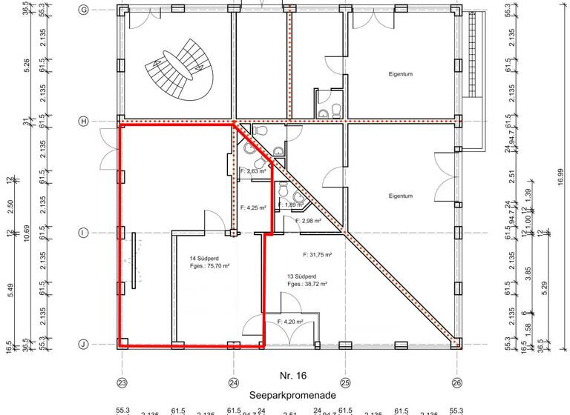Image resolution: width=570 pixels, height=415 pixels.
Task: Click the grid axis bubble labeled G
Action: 83,10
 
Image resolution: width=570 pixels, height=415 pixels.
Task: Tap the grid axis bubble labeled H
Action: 83,121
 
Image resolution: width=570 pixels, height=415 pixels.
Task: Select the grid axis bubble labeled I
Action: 83,233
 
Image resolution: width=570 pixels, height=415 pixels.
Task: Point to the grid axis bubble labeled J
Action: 83,345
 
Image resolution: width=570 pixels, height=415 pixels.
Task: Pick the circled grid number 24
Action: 233,382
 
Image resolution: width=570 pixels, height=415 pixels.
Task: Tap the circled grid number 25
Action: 345,382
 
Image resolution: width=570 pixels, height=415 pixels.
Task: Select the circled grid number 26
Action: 457,382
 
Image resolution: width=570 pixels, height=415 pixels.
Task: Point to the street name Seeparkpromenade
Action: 288,396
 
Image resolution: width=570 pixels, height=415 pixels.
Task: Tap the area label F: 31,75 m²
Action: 317,255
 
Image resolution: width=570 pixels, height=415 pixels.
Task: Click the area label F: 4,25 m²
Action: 252,207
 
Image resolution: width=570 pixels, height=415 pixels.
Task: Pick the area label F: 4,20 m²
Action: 291,322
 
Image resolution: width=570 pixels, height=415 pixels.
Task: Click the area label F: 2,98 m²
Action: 307,221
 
